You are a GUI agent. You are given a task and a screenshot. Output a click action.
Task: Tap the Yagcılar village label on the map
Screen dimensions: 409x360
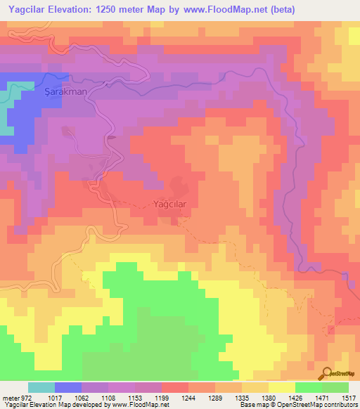click(x=169, y=205)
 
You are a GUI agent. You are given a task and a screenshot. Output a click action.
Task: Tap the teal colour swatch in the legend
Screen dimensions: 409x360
click(x=41, y=387)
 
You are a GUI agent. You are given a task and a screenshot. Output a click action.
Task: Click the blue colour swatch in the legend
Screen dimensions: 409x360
click(x=68, y=387)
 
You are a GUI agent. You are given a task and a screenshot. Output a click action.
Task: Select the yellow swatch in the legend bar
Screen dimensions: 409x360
click(x=282, y=387)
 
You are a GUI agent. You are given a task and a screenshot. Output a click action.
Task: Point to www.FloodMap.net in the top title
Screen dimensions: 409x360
click(x=223, y=9)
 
